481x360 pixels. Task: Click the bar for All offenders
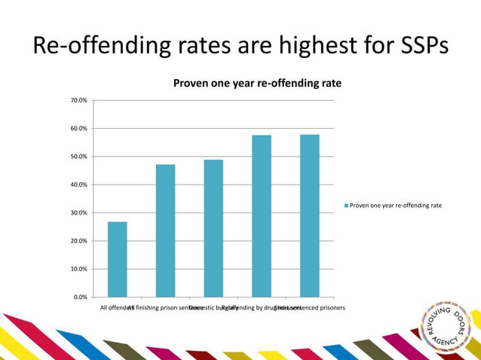click(117, 259)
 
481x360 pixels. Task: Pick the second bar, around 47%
click(165, 230)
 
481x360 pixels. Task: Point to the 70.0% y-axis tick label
click(78, 100)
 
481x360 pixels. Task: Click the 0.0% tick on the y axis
click(80, 297)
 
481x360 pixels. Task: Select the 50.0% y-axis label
click(78, 157)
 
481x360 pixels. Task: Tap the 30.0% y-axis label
click(78, 213)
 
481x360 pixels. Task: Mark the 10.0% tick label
click(78, 269)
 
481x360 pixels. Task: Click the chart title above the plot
click(257, 83)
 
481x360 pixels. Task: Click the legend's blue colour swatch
click(347, 205)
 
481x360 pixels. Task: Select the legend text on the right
click(396, 205)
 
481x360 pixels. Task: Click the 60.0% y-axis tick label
click(78, 129)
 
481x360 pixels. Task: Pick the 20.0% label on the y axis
click(78, 241)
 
